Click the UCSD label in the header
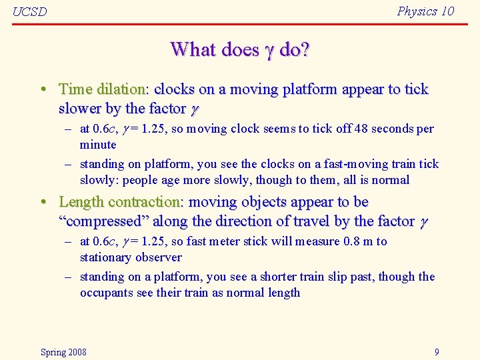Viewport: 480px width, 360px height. (x=30, y=12)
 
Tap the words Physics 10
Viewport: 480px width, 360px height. (x=425, y=11)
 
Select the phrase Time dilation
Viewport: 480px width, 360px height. (x=102, y=89)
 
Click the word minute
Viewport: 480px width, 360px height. (x=98, y=145)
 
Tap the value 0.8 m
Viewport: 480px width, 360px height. (x=357, y=241)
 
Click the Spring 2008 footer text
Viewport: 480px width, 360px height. (x=63, y=352)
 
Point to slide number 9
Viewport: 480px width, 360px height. (x=437, y=352)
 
